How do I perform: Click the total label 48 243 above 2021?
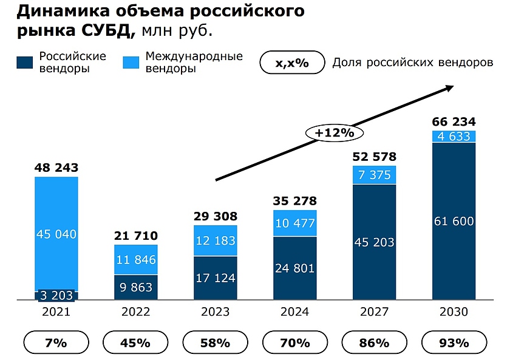tap(56, 168)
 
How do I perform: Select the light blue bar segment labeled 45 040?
tap(56, 234)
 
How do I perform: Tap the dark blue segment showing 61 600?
tap(454, 220)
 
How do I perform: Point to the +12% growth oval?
tap(333, 132)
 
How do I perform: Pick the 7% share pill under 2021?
tap(56, 342)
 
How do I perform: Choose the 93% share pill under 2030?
tap(454, 342)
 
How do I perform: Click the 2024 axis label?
tap(294, 312)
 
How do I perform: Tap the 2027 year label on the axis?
tap(374, 312)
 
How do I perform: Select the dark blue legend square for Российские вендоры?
tap(25, 63)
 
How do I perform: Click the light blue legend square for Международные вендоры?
tap(131, 63)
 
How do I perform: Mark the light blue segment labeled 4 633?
tap(454, 136)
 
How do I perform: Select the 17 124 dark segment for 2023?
tap(216, 278)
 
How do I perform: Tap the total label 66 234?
tap(454, 121)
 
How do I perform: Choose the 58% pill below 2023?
tap(216, 342)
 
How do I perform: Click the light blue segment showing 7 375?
tap(374, 175)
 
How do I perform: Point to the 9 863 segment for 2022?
tap(136, 287)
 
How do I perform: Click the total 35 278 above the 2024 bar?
tap(294, 201)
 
